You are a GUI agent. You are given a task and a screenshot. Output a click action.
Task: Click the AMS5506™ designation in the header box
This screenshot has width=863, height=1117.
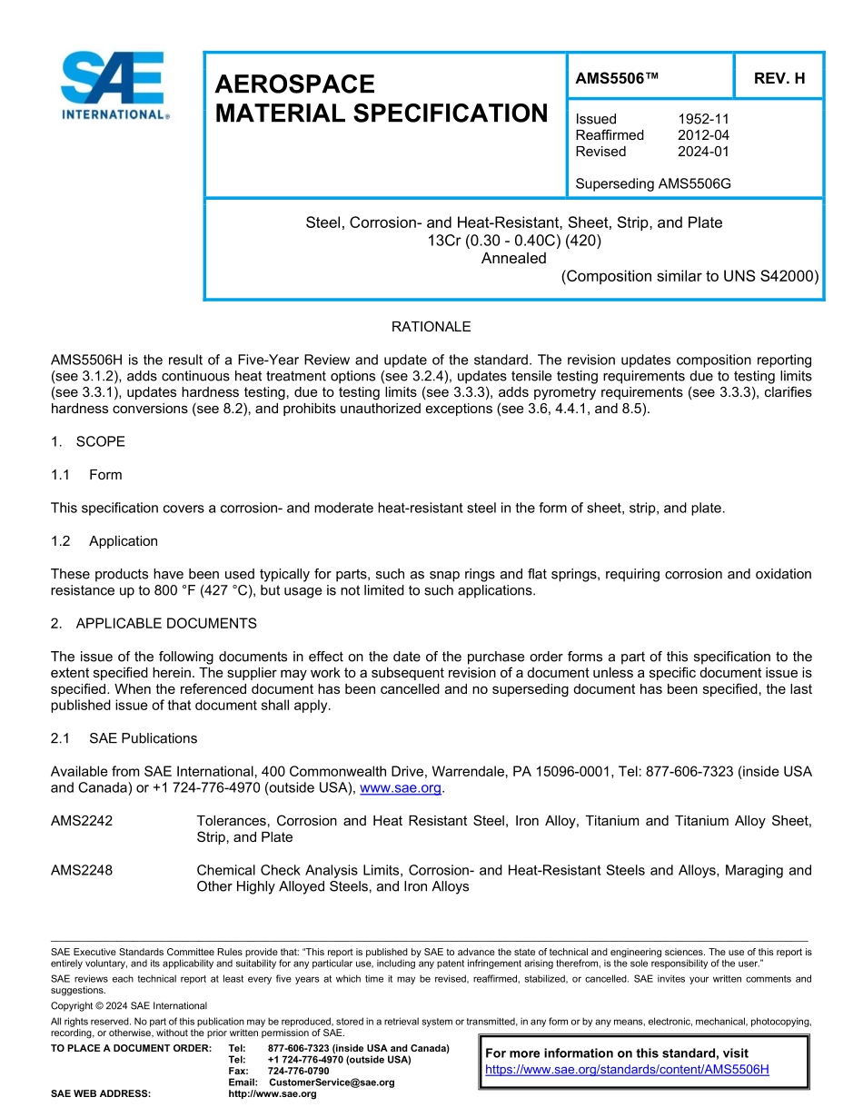(x=616, y=78)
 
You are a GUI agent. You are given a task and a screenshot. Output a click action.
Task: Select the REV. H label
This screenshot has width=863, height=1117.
(x=779, y=78)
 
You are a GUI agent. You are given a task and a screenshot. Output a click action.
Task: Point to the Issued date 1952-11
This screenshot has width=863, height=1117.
(x=703, y=119)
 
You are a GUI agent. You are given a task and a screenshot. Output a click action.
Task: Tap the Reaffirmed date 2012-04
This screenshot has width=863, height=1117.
(x=703, y=135)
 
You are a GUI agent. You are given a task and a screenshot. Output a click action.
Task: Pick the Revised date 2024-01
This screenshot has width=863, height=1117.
(x=703, y=152)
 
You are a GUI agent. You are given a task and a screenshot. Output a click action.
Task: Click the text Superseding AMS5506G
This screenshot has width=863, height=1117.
(x=653, y=183)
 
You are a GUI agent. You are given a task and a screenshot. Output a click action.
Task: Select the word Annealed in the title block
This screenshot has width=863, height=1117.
(x=514, y=258)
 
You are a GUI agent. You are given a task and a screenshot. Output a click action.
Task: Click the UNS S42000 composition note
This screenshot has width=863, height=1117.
(x=689, y=276)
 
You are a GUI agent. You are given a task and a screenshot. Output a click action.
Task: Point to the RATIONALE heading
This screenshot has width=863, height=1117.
(x=431, y=326)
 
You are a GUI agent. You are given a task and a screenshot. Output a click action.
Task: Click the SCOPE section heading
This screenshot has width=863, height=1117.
(x=100, y=441)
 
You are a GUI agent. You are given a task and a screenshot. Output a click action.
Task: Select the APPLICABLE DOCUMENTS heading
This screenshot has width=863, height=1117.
(x=166, y=623)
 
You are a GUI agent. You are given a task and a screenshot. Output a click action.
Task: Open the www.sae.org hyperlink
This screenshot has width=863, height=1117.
(x=401, y=788)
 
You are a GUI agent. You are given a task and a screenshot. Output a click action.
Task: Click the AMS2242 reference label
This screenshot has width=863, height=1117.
(x=82, y=821)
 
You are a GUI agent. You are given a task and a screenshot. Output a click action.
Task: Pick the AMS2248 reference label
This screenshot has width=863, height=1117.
(x=82, y=870)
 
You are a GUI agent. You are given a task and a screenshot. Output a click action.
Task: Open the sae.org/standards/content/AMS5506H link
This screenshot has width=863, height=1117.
(x=627, y=1069)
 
